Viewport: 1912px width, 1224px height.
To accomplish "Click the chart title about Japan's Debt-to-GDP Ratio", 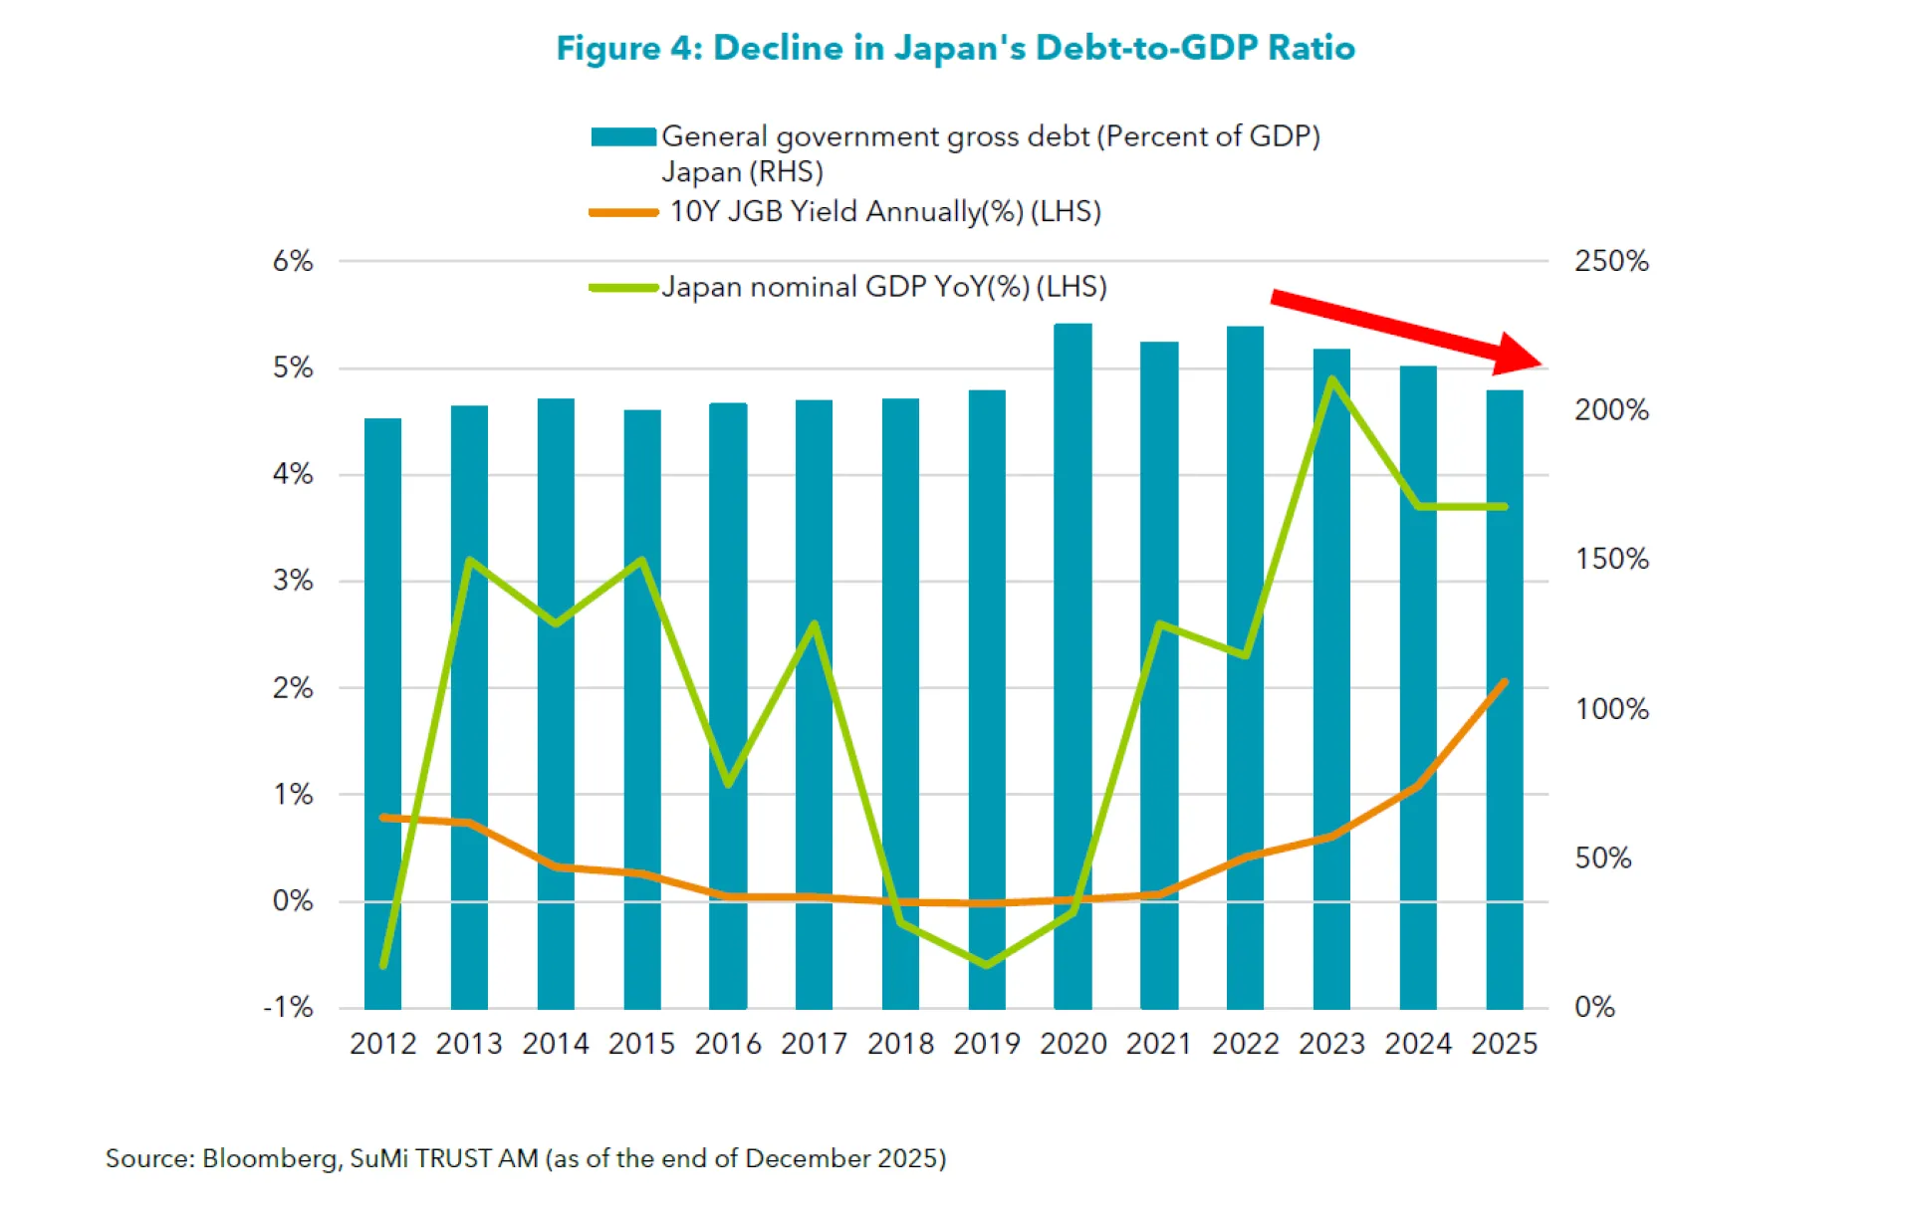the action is tap(955, 48).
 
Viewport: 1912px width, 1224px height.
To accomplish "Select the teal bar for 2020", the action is tap(1073, 666).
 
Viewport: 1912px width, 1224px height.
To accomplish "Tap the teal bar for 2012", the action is tap(382, 714).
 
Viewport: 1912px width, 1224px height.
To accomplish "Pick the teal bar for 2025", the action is tap(1505, 699).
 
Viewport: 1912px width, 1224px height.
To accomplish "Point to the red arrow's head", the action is tap(1519, 355).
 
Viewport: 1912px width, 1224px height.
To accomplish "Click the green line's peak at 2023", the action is tap(1331, 379).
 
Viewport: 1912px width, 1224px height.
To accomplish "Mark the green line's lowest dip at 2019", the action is tap(987, 964).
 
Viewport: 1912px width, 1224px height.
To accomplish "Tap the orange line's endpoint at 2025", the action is tap(1504, 682).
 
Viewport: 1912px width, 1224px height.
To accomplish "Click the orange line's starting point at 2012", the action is tap(383, 818).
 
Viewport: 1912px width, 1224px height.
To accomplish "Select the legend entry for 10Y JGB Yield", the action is tap(845, 211).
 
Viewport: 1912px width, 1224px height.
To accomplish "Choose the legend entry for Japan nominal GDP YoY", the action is tap(848, 287).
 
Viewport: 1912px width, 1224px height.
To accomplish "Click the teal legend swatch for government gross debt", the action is tap(623, 136).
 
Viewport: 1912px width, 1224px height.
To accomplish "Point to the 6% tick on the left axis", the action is tap(293, 261).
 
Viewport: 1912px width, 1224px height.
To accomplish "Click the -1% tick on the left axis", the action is tap(289, 1007).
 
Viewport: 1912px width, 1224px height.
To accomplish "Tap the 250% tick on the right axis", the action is tap(1611, 261).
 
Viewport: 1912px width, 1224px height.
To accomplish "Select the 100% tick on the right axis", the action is tap(1611, 709).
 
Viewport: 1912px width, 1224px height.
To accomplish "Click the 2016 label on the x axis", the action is tap(728, 1044).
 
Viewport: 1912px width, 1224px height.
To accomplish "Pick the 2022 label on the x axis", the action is tap(1246, 1044).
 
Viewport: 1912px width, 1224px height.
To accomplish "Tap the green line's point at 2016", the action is tap(728, 784).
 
